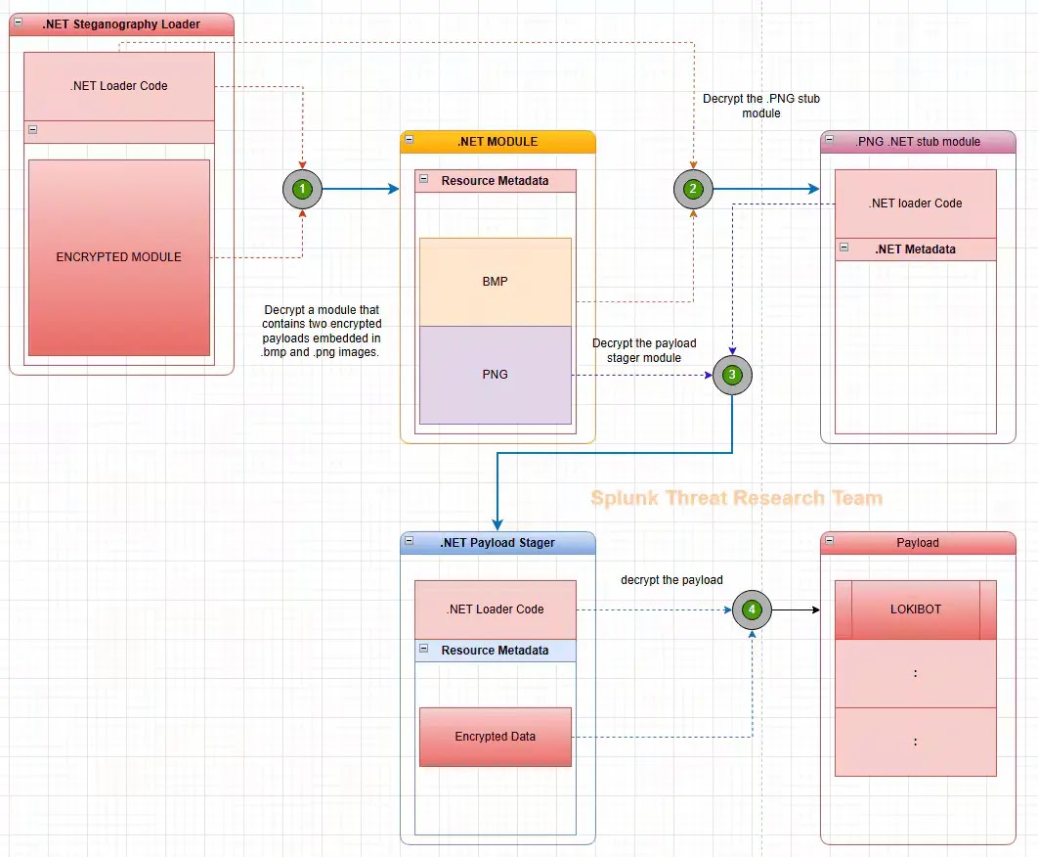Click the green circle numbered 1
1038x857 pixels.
click(x=303, y=188)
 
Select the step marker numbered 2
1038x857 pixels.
click(x=693, y=188)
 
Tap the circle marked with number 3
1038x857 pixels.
click(x=732, y=374)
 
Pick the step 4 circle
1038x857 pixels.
click(x=752, y=609)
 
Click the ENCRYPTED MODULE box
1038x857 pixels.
click(x=119, y=257)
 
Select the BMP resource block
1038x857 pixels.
click(x=495, y=282)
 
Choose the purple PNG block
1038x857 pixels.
click(x=495, y=375)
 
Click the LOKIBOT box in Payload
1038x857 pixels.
click(x=916, y=609)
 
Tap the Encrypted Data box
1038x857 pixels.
click(x=495, y=737)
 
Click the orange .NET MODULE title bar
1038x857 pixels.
click(x=497, y=142)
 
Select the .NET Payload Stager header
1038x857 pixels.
click(x=497, y=543)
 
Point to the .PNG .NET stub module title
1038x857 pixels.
click(x=918, y=142)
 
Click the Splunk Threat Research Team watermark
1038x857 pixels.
click(x=736, y=498)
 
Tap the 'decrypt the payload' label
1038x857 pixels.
click(x=671, y=580)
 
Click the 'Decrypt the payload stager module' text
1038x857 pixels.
click(x=644, y=350)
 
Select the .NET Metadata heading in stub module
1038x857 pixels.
click(x=915, y=249)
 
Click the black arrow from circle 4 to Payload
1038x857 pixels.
click(x=795, y=609)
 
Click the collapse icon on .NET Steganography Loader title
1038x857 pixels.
click(x=19, y=23)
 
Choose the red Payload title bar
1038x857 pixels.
click(x=918, y=543)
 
